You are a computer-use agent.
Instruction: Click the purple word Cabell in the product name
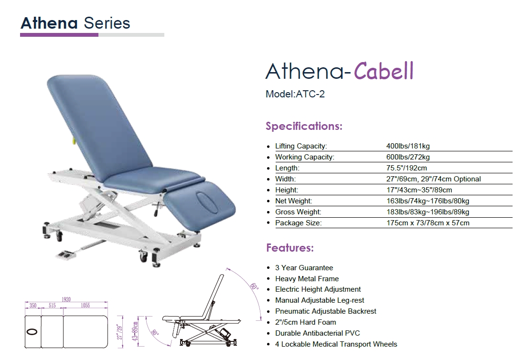pos(384,71)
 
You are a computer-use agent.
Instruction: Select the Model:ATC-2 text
pos(295,94)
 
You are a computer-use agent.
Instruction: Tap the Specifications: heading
pos(304,126)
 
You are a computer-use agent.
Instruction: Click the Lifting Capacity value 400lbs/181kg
pos(408,146)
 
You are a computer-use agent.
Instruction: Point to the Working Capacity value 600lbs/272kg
pos(408,157)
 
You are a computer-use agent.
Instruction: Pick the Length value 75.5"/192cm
pos(407,168)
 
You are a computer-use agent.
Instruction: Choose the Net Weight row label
pos(293,201)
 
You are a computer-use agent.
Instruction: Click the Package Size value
pos(428,223)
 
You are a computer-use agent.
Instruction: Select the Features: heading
pos(290,248)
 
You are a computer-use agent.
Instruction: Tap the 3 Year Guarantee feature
pos(304,268)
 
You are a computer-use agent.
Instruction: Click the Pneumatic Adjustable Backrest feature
pos(325,311)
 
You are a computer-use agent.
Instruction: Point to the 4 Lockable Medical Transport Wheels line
pos(336,344)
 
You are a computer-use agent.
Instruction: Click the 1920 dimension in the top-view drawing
pos(66,299)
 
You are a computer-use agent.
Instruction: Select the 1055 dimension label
pos(86,305)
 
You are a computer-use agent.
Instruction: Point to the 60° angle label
pos(255,286)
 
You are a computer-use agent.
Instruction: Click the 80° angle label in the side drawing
pos(155,332)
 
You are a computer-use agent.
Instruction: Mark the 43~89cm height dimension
pos(135,331)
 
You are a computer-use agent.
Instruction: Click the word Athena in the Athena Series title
pos(49,23)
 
